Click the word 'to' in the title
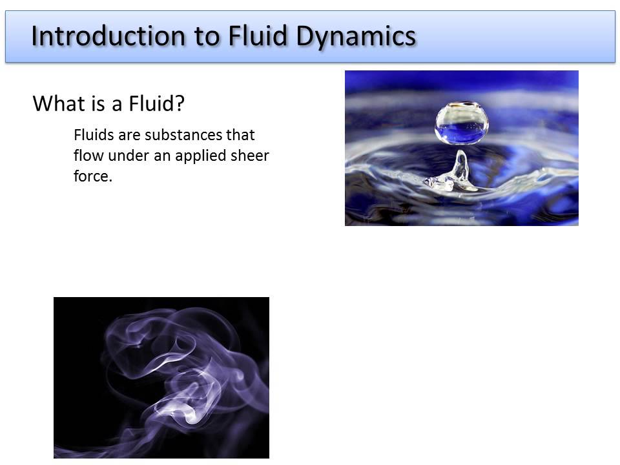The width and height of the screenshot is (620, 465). [204, 36]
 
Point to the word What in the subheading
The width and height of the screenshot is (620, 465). [56, 103]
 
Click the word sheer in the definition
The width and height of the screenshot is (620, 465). [252, 156]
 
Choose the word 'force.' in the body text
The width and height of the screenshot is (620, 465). [93, 176]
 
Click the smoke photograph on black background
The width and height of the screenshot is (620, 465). [161, 377]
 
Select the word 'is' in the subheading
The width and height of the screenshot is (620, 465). [90, 103]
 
